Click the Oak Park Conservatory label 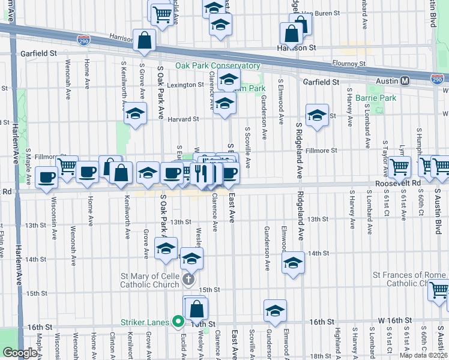point(217,66)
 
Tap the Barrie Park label point(376,98)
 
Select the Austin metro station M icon point(405,81)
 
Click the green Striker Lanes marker point(178,322)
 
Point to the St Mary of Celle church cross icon point(188,278)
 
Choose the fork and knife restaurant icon point(202,173)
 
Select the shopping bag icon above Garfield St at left point(145,40)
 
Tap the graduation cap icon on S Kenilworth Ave point(136,113)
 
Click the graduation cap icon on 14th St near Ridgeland point(293,263)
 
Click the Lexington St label point(185,85)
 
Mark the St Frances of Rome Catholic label point(409,279)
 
